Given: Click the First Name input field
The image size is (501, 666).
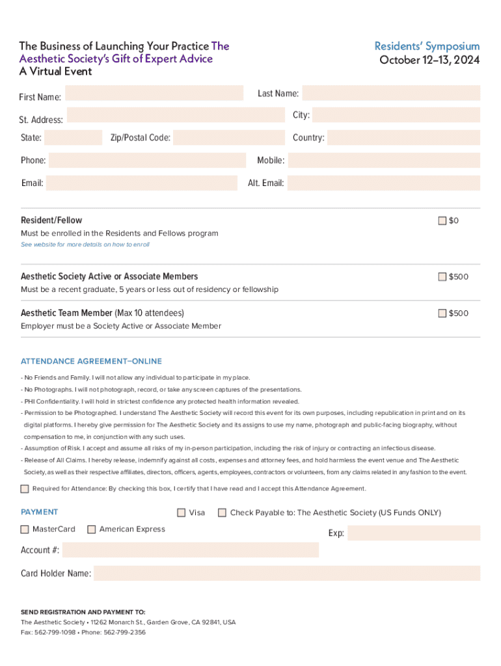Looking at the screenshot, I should point(154,94).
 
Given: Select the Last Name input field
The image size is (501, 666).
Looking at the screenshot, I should point(391,93).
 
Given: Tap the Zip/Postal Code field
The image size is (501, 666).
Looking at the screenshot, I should point(229,138).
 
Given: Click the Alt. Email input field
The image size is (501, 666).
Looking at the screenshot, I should point(384,183).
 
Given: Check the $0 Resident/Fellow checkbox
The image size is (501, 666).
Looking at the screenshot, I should point(442,220).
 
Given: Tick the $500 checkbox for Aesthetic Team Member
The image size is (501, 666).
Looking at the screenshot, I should point(442,313).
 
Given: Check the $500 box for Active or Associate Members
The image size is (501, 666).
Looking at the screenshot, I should point(442,277).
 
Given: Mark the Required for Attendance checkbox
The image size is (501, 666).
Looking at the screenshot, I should point(25,488).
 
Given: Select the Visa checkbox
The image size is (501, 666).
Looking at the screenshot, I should point(182,513).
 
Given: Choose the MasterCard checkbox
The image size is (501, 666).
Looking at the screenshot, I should point(25,529).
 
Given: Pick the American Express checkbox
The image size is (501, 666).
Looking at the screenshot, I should point(92,529).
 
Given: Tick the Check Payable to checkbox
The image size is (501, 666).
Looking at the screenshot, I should point(223,513).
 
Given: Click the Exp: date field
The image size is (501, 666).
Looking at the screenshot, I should point(414,533).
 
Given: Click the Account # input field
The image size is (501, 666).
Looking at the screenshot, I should point(191,550).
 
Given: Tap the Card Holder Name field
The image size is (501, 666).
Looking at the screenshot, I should point(287,574).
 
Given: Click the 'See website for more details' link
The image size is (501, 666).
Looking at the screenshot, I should point(85,245).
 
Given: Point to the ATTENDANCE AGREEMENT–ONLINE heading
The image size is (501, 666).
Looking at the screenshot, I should point(91,361).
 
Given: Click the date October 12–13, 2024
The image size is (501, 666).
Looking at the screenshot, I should point(429,60).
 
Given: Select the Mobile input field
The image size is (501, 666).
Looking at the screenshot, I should point(384,161).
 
